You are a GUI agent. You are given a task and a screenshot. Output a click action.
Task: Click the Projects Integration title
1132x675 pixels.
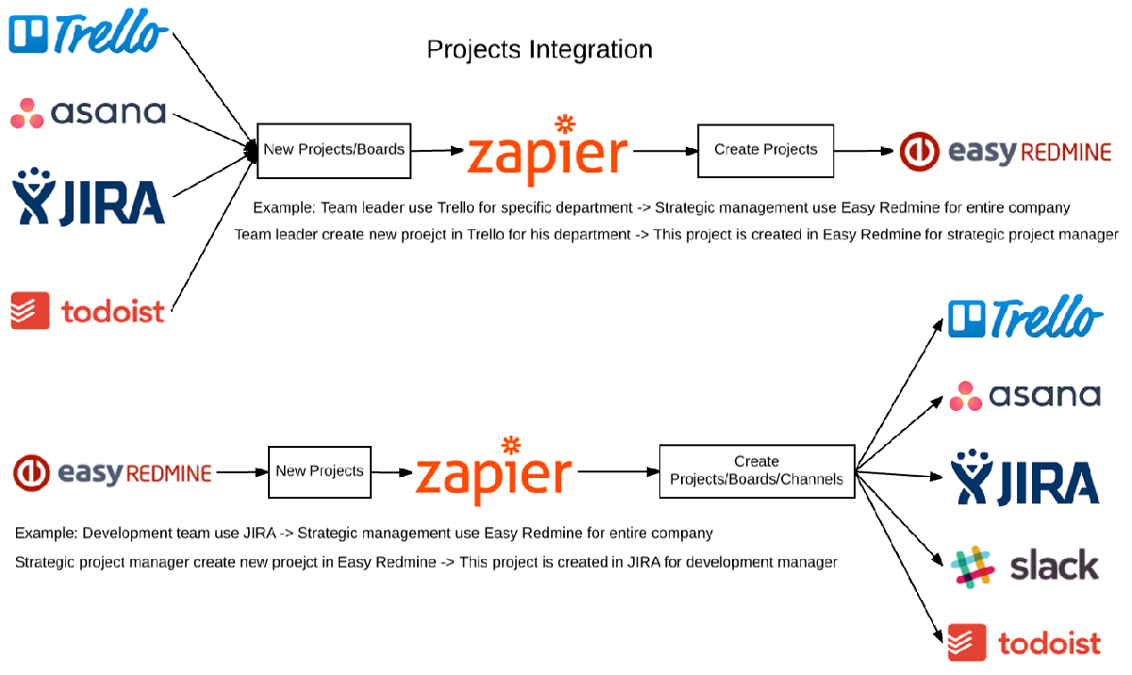click(x=540, y=49)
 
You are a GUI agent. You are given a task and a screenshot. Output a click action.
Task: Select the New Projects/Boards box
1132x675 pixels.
click(x=334, y=150)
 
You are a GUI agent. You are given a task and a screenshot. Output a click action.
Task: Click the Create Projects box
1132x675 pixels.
click(x=765, y=150)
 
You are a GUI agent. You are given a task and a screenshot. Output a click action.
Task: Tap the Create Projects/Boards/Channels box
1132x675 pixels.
click(x=757, y=470)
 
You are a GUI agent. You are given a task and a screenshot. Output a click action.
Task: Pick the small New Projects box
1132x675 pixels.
click(x=319, y=470)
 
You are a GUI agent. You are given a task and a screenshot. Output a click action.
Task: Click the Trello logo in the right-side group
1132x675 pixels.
click(x=1024, y=318)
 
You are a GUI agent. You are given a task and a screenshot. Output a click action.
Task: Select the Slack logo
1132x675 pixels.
click(x=1024, y=566)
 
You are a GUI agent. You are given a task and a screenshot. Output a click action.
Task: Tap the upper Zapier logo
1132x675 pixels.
click(x=548, y=151)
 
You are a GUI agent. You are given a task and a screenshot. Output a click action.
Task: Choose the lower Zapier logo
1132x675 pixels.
click(x=494, y=471)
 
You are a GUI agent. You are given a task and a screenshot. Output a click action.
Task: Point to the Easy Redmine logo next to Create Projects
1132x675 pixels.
click(x=1005, y=151)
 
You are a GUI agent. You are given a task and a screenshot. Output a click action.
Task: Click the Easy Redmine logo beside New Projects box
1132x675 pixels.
click(x=112, y=472)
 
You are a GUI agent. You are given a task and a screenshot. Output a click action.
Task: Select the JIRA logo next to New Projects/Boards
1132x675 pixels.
click(x=88, y=197)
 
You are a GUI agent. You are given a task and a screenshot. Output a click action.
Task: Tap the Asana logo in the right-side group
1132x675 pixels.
click(x=1024, y=395)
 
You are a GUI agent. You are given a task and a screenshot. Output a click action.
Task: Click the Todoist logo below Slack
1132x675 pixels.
click(x=1024, y=643)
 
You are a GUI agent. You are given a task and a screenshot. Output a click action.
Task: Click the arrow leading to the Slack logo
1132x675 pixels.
click(x=901, y=519)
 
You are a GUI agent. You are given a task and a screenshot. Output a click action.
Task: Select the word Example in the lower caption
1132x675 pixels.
click(x=43, y=534)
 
